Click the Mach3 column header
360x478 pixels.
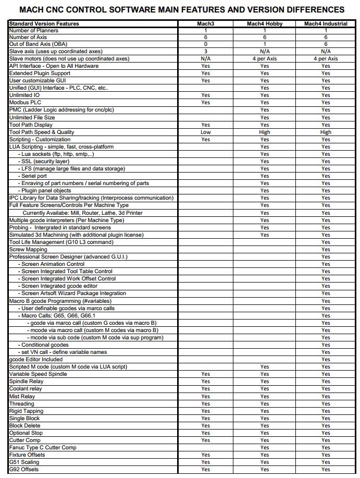click(205, 23)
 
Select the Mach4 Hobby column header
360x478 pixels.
click(265, 23)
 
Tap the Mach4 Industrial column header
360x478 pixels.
click(326, 23)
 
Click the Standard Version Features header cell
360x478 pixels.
click(44, 23)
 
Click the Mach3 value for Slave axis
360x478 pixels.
click(205, 51)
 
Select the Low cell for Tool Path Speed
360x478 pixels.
click(205, 132)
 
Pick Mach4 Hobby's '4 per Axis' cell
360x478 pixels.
click(265, 58)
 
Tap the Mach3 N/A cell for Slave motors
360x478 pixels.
click(205, 58)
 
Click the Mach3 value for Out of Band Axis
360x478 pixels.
click(205, 44)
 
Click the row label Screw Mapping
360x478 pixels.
click(28, 249)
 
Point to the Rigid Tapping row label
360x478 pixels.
click(27, 411)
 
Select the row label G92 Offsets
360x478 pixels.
click(24, 469)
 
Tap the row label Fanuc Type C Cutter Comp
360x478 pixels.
click(43, 447)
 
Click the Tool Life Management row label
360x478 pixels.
click(61, 242)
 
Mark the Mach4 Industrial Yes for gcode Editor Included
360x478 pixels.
click(326, 359)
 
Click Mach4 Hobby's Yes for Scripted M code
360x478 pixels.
click(265, 366)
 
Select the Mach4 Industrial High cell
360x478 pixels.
click(326, 132)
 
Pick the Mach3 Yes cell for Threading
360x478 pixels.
click(205, 403)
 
